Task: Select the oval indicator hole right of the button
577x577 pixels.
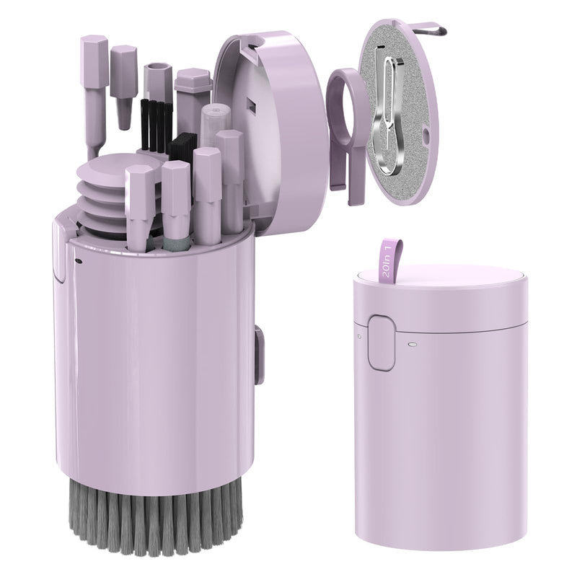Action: point(413,345)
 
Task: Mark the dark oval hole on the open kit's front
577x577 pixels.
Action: point(79,260)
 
